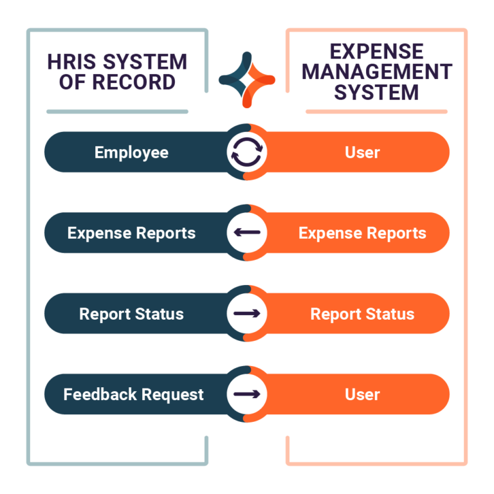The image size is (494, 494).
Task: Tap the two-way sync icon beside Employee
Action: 247,152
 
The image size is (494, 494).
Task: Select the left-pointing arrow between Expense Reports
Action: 247,232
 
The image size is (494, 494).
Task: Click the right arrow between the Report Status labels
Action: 247,314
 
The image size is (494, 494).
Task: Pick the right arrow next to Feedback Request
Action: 247,394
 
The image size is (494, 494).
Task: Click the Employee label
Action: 131,152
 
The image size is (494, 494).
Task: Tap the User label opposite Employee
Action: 362,152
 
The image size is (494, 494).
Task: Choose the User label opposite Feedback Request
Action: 362,394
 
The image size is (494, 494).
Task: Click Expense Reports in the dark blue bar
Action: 131,233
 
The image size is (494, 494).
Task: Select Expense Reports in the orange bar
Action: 362,233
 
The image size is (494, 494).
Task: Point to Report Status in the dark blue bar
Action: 131,314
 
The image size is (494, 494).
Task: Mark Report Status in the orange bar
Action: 362,314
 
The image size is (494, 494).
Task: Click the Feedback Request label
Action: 133,394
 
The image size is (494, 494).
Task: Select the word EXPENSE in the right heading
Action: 376,51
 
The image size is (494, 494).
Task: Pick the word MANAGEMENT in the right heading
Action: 376,71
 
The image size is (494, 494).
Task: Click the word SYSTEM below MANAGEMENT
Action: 376,92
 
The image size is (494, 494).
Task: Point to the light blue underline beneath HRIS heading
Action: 117,112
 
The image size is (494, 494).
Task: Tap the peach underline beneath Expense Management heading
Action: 376,112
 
